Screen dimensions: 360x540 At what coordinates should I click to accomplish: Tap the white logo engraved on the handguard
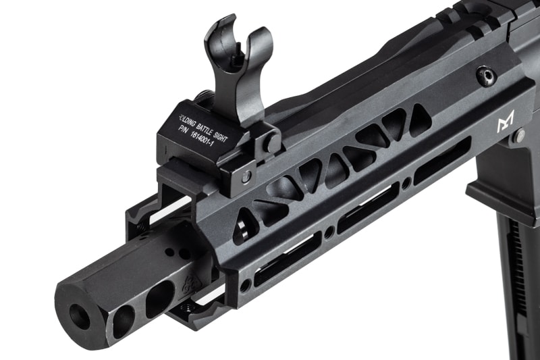point(506,122)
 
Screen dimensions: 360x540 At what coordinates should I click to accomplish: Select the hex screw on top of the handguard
point(486,76)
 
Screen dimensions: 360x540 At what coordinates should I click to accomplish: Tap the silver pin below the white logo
point(519,136)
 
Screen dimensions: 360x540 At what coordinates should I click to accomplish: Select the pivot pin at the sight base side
point(271,143)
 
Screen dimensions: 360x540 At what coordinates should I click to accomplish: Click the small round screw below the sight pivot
point(247,177)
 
